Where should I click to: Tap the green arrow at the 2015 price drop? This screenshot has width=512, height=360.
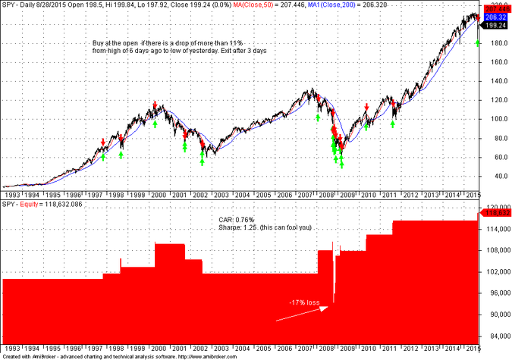click(x=477, y=42)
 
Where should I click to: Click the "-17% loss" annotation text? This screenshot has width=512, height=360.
click(x=304, y=302)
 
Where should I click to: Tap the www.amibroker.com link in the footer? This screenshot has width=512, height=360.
click(x=212, y=356)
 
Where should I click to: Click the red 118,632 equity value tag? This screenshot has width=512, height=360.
click(x=495, y=213)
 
